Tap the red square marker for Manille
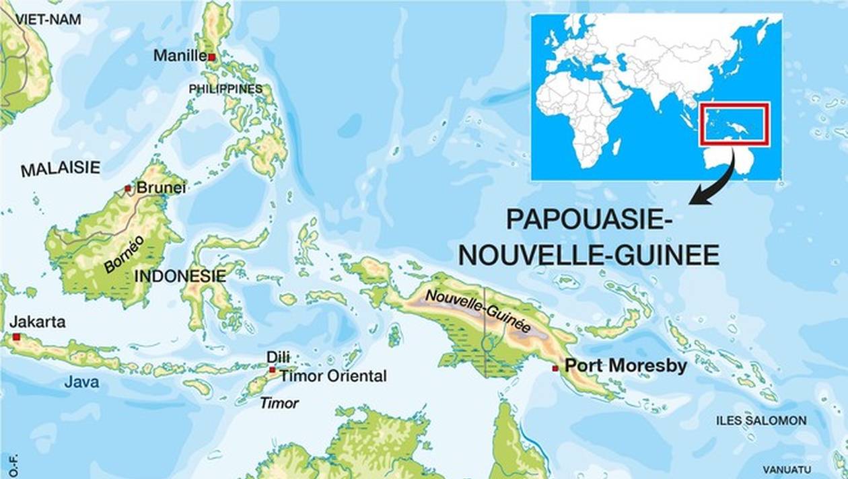[x=211, y=58]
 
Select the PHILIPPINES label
[x=225, y=89]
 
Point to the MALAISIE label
[x=61, y=168]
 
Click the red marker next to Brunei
[x=128, y=188]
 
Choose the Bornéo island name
[x=124, y=254]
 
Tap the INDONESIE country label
[x=180, y=276]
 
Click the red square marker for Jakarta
[x=16, y=336]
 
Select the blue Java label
[x=81, y=382]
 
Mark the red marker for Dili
[x=272, y=369]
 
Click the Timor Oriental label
[x=333, y=376]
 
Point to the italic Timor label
[x=279, y=403]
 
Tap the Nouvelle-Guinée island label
[x=477, y=311]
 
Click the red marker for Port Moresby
[x=555, y=368]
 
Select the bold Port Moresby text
[x=626, y=366]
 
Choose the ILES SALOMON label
[x=761, y=420]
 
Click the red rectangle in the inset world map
[x=734, y=124]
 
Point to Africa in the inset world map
[x=579, y=114]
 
